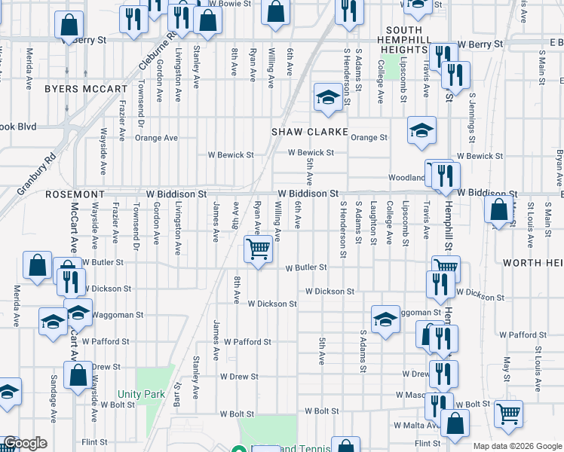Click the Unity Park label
(141, 394)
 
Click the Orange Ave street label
(156, 138)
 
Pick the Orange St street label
(369, 138)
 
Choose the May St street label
(507, 370)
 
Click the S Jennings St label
(472, 118)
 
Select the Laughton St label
(373, 223)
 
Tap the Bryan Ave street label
(559, 169)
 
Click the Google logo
(25, 444)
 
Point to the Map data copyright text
(517, 446)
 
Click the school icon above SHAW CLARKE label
(328, 98)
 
